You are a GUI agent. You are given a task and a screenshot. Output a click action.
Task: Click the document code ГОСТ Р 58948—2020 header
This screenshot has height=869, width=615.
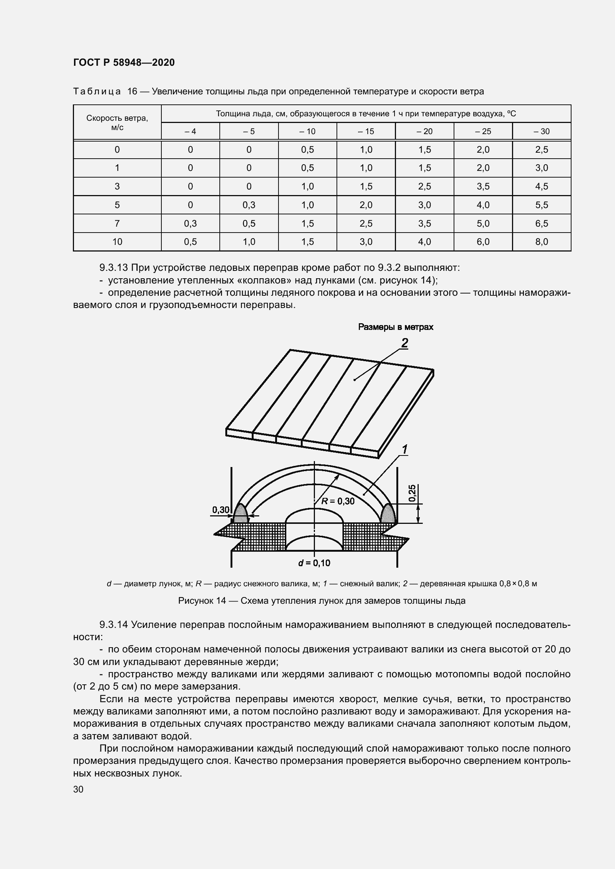(x=124, y=62)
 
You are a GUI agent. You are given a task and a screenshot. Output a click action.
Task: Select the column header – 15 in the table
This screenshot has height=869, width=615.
(x=366, y=131)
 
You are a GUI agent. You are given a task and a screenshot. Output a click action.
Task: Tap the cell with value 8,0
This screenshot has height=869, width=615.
(x=541, y=242)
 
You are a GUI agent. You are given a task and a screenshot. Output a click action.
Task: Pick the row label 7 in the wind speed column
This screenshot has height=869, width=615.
(x=117, y=223)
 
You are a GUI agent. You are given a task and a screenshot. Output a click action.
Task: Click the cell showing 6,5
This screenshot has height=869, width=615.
(x=541, y=223)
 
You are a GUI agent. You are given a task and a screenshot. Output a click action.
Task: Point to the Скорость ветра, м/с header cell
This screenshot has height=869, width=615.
(x=117, y=123)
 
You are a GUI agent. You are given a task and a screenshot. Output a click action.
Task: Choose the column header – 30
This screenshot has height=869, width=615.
(x=541, y=131)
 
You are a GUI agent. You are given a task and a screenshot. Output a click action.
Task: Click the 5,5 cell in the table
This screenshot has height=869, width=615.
(x=541, y=205)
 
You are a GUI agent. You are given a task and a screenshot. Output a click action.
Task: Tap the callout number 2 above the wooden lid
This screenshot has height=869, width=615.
(x=405, y=343)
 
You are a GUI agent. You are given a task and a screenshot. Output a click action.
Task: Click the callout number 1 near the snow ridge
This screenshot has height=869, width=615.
(x=405, y=450)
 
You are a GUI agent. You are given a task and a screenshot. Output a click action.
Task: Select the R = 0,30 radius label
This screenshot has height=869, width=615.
(x=338, y=501)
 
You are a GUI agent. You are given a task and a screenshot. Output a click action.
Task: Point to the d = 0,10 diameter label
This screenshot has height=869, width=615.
(x=314, y=563)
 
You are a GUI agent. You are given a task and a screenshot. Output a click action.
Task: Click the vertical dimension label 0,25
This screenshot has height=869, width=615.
(x=413, y=493)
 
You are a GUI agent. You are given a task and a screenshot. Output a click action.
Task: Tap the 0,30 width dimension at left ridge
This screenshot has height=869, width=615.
(x=221, y=510)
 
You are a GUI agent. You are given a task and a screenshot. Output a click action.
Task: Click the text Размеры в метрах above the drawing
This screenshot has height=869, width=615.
(x=395, y=327)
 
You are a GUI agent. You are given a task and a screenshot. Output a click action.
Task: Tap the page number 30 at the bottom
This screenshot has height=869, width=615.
(x=78, y=789)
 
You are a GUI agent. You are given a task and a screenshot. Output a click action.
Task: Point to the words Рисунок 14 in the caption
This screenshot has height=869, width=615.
(x=202, y=601)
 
